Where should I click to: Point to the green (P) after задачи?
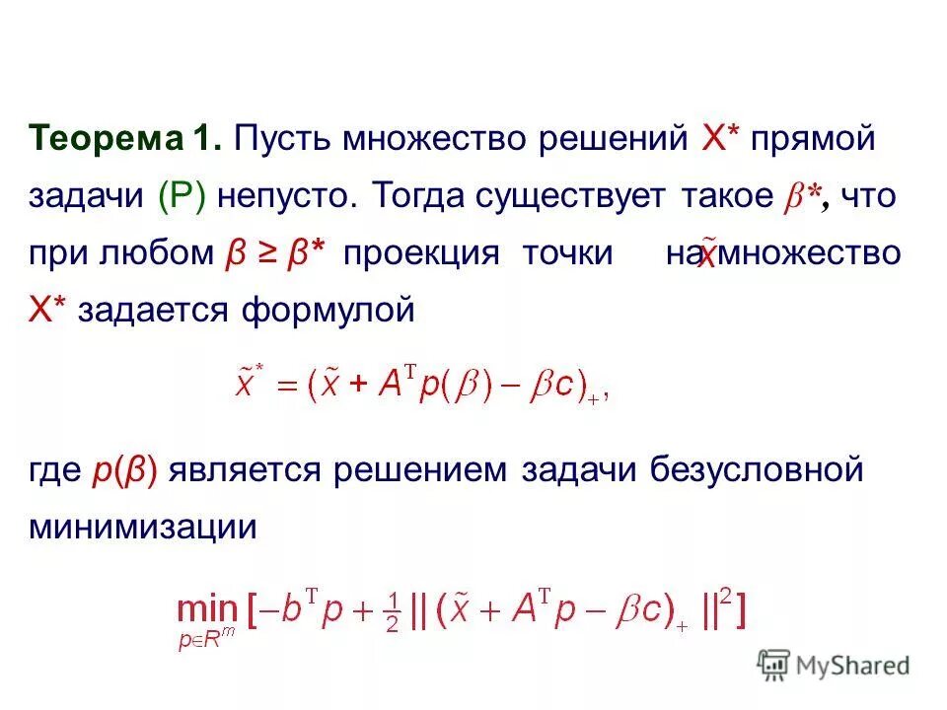click(182, 195)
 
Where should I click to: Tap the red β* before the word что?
click(804, 196)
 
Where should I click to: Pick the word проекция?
click(421, 253)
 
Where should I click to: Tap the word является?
click(247, 469)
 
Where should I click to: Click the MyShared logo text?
click(853, 666)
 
